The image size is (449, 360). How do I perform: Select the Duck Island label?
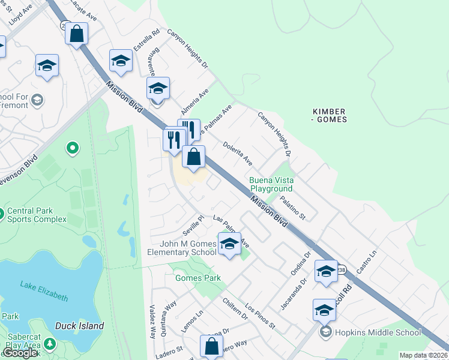point(79,326)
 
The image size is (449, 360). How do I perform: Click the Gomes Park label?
point(197,278)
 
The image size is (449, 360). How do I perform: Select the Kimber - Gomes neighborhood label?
point(329,116)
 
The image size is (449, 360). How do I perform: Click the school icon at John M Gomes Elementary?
point(229,244)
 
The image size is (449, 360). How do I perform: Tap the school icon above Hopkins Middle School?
point(324,310)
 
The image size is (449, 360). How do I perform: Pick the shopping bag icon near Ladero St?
point(211,346)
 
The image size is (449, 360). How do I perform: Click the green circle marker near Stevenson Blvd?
point(72,147)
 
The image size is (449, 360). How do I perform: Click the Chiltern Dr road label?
point(235,308)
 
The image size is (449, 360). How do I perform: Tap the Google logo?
point(20,353)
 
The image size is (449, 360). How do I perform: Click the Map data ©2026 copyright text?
point(423,355)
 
